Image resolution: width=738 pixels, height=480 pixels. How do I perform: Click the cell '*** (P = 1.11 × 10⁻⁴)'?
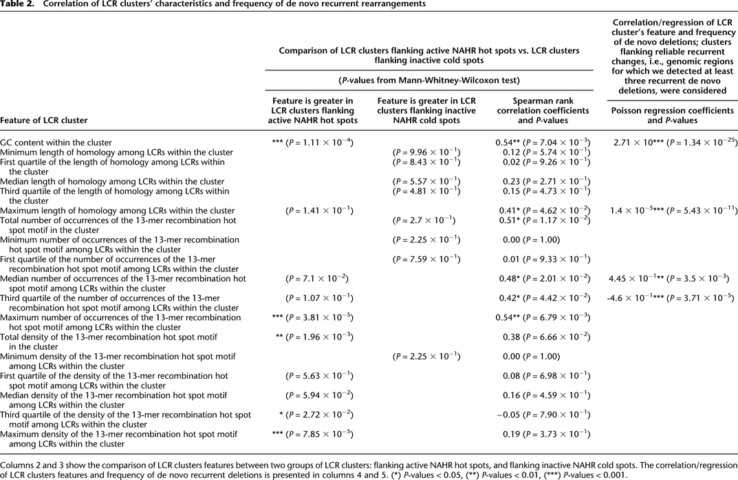[x=314, y=143]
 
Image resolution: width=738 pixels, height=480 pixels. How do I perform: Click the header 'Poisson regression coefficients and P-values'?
[x=671, y=114]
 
